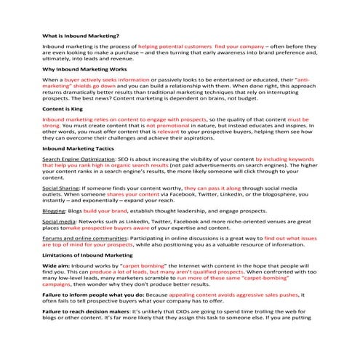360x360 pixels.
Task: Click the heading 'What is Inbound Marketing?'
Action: [81, 35]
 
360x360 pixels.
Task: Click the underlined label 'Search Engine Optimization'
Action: [77, 158]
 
